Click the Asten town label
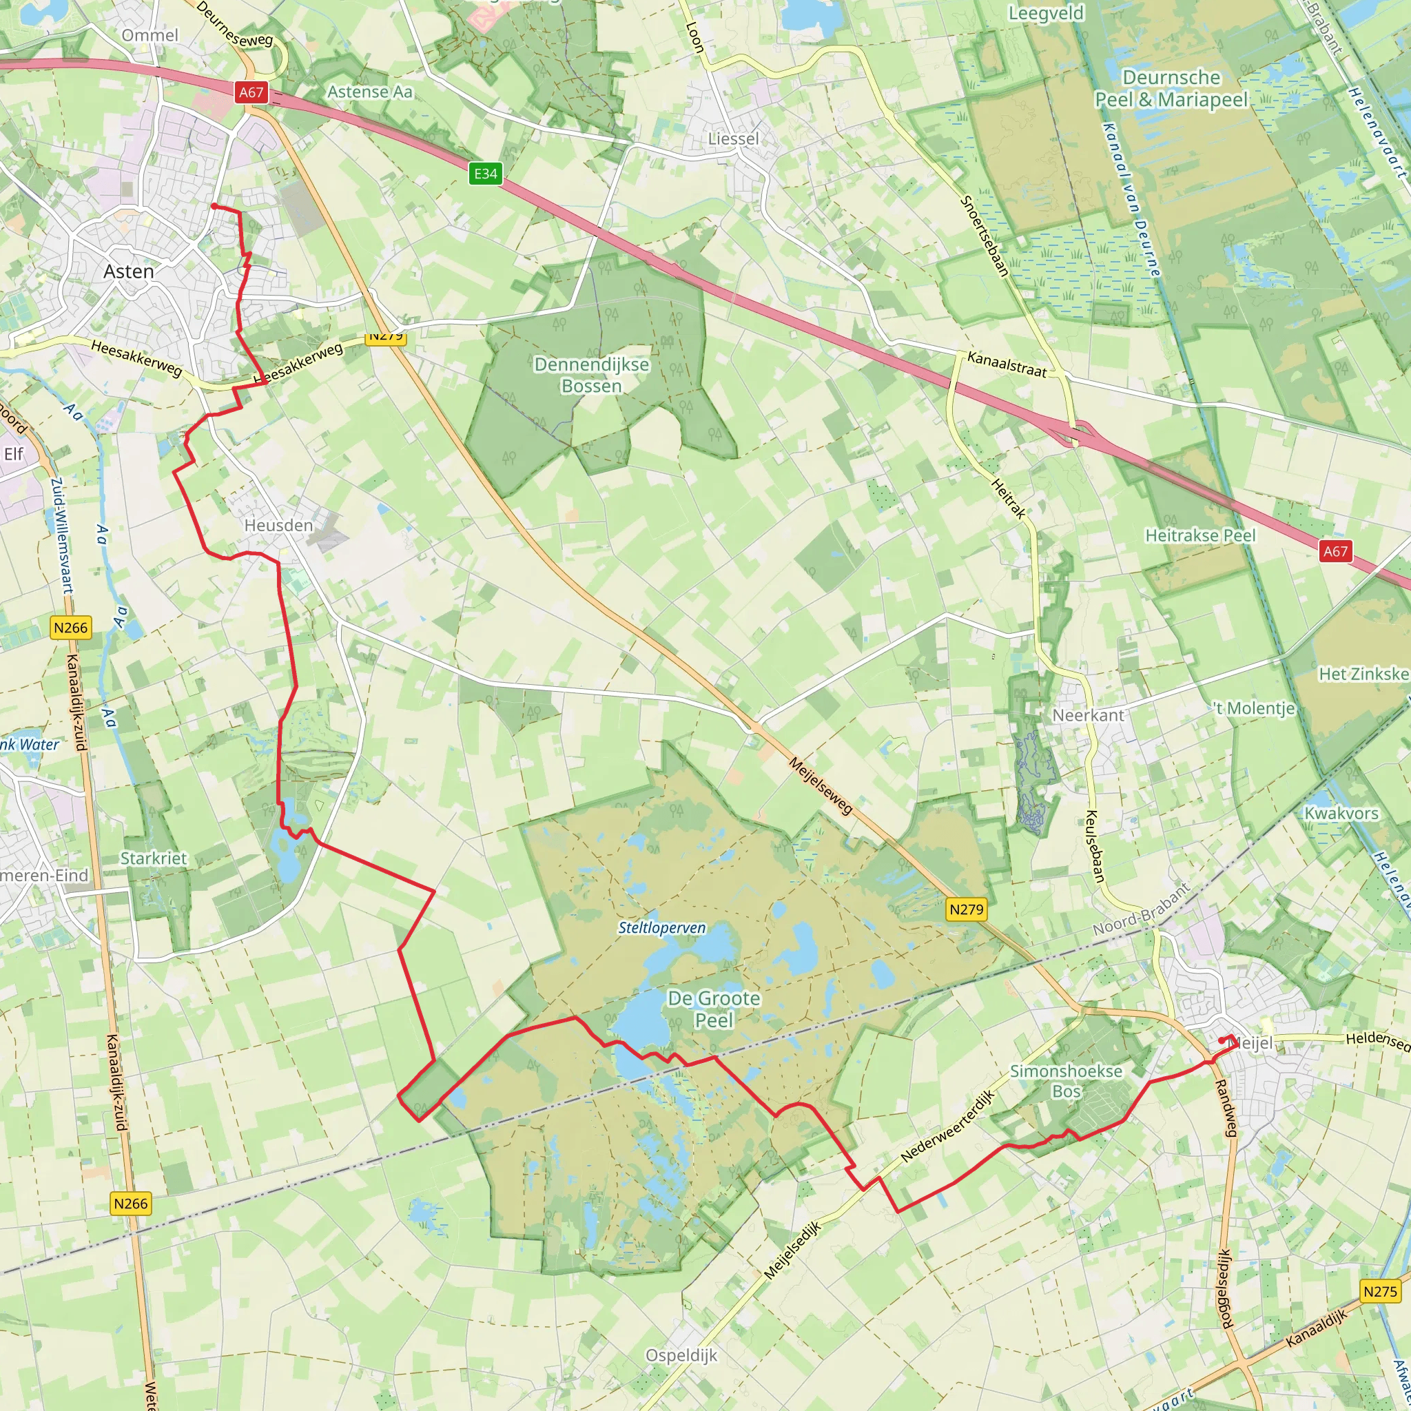click(x=129, y=271)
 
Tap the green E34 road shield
click(x=486, y=174)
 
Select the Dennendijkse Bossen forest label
click(x=592, y=375)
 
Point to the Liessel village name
click(x=733, y=138)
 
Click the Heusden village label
click(x=278, y=525)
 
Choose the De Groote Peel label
click(x=714, y=1009)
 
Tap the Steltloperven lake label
click(x=661, y=927)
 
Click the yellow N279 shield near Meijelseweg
click(x=965, y=909)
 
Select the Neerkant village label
click(x=1088, y=715)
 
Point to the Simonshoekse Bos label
click(x=1066, y=1081)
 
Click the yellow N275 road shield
click(x=1380, y=1291)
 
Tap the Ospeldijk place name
click(x=681, y=1355)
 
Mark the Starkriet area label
click(x=154, y=858)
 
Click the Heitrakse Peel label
click(x=1200, y=535)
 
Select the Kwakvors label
click(x=1341, y=813)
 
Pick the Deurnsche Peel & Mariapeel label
click(x=1171, y=88)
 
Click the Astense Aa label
click(x=369, y=92)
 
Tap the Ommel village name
click(x=150, y=35)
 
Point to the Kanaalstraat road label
click(x=1007, y=364)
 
